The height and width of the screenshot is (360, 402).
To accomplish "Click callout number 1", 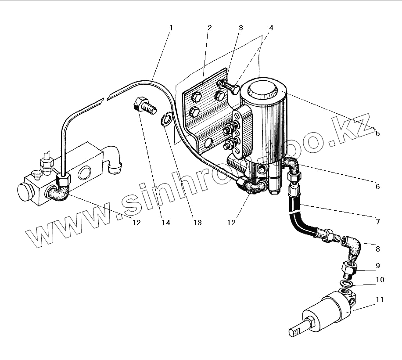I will tap(171, 28).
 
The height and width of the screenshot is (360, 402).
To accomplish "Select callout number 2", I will tap(210, 28).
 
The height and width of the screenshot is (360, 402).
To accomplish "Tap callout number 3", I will tap(240, 28).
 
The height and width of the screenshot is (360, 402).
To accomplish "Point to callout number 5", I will tap(377, 133).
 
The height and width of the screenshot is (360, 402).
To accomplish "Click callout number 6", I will tap(377, 187).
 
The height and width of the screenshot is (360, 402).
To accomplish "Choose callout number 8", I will tap(377, 248).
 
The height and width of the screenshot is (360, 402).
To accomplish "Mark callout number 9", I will tap(377, 266).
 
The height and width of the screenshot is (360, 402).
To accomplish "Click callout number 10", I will tap(380, 280).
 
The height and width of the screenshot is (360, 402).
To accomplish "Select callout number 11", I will tap(380, 299).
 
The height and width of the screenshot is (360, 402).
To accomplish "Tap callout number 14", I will tap(165, 223).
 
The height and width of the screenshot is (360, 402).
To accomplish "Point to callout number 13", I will tap(197, 223).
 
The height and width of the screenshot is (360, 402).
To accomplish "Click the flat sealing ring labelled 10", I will tap(347, 284).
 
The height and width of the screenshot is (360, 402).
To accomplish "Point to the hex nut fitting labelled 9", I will tap(350, 267).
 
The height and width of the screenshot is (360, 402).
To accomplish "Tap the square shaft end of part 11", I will tap(297, 331).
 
